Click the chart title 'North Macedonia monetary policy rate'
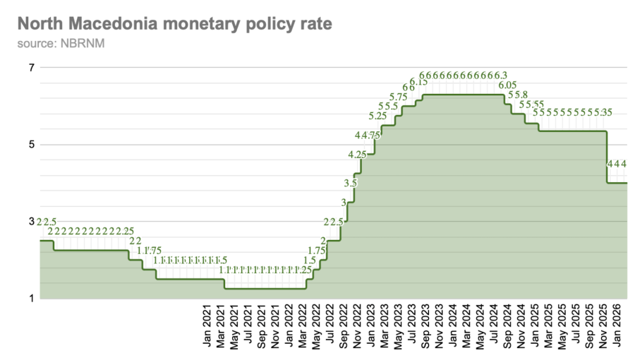pos(174,25)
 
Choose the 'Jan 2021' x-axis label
pos(207,328)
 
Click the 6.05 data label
pos(507,85)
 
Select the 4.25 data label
pos(357,154)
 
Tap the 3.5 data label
pos(351,183)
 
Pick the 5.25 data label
pos(377,116)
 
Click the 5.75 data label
pos(398,97)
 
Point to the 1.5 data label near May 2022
pos(310,260)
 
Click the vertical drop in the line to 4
pos(607,157)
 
